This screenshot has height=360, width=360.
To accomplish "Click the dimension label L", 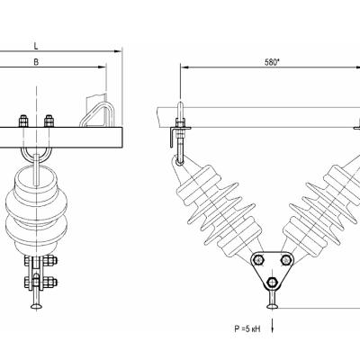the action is coord(36,46).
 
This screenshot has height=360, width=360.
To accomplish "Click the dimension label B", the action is coord(36,62).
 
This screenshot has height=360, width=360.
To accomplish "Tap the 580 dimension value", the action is coord(272,62).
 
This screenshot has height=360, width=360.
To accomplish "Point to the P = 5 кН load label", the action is coord(247,328).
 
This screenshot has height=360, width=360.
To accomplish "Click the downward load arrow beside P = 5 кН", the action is coord(273,326).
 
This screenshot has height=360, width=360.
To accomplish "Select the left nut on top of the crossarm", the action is coord(23,121).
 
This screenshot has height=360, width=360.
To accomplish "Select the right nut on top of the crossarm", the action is coord(49,121).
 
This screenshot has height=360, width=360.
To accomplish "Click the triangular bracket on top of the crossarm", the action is coord(97,114).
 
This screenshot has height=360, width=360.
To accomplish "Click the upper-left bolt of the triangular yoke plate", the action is coord(258,260).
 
